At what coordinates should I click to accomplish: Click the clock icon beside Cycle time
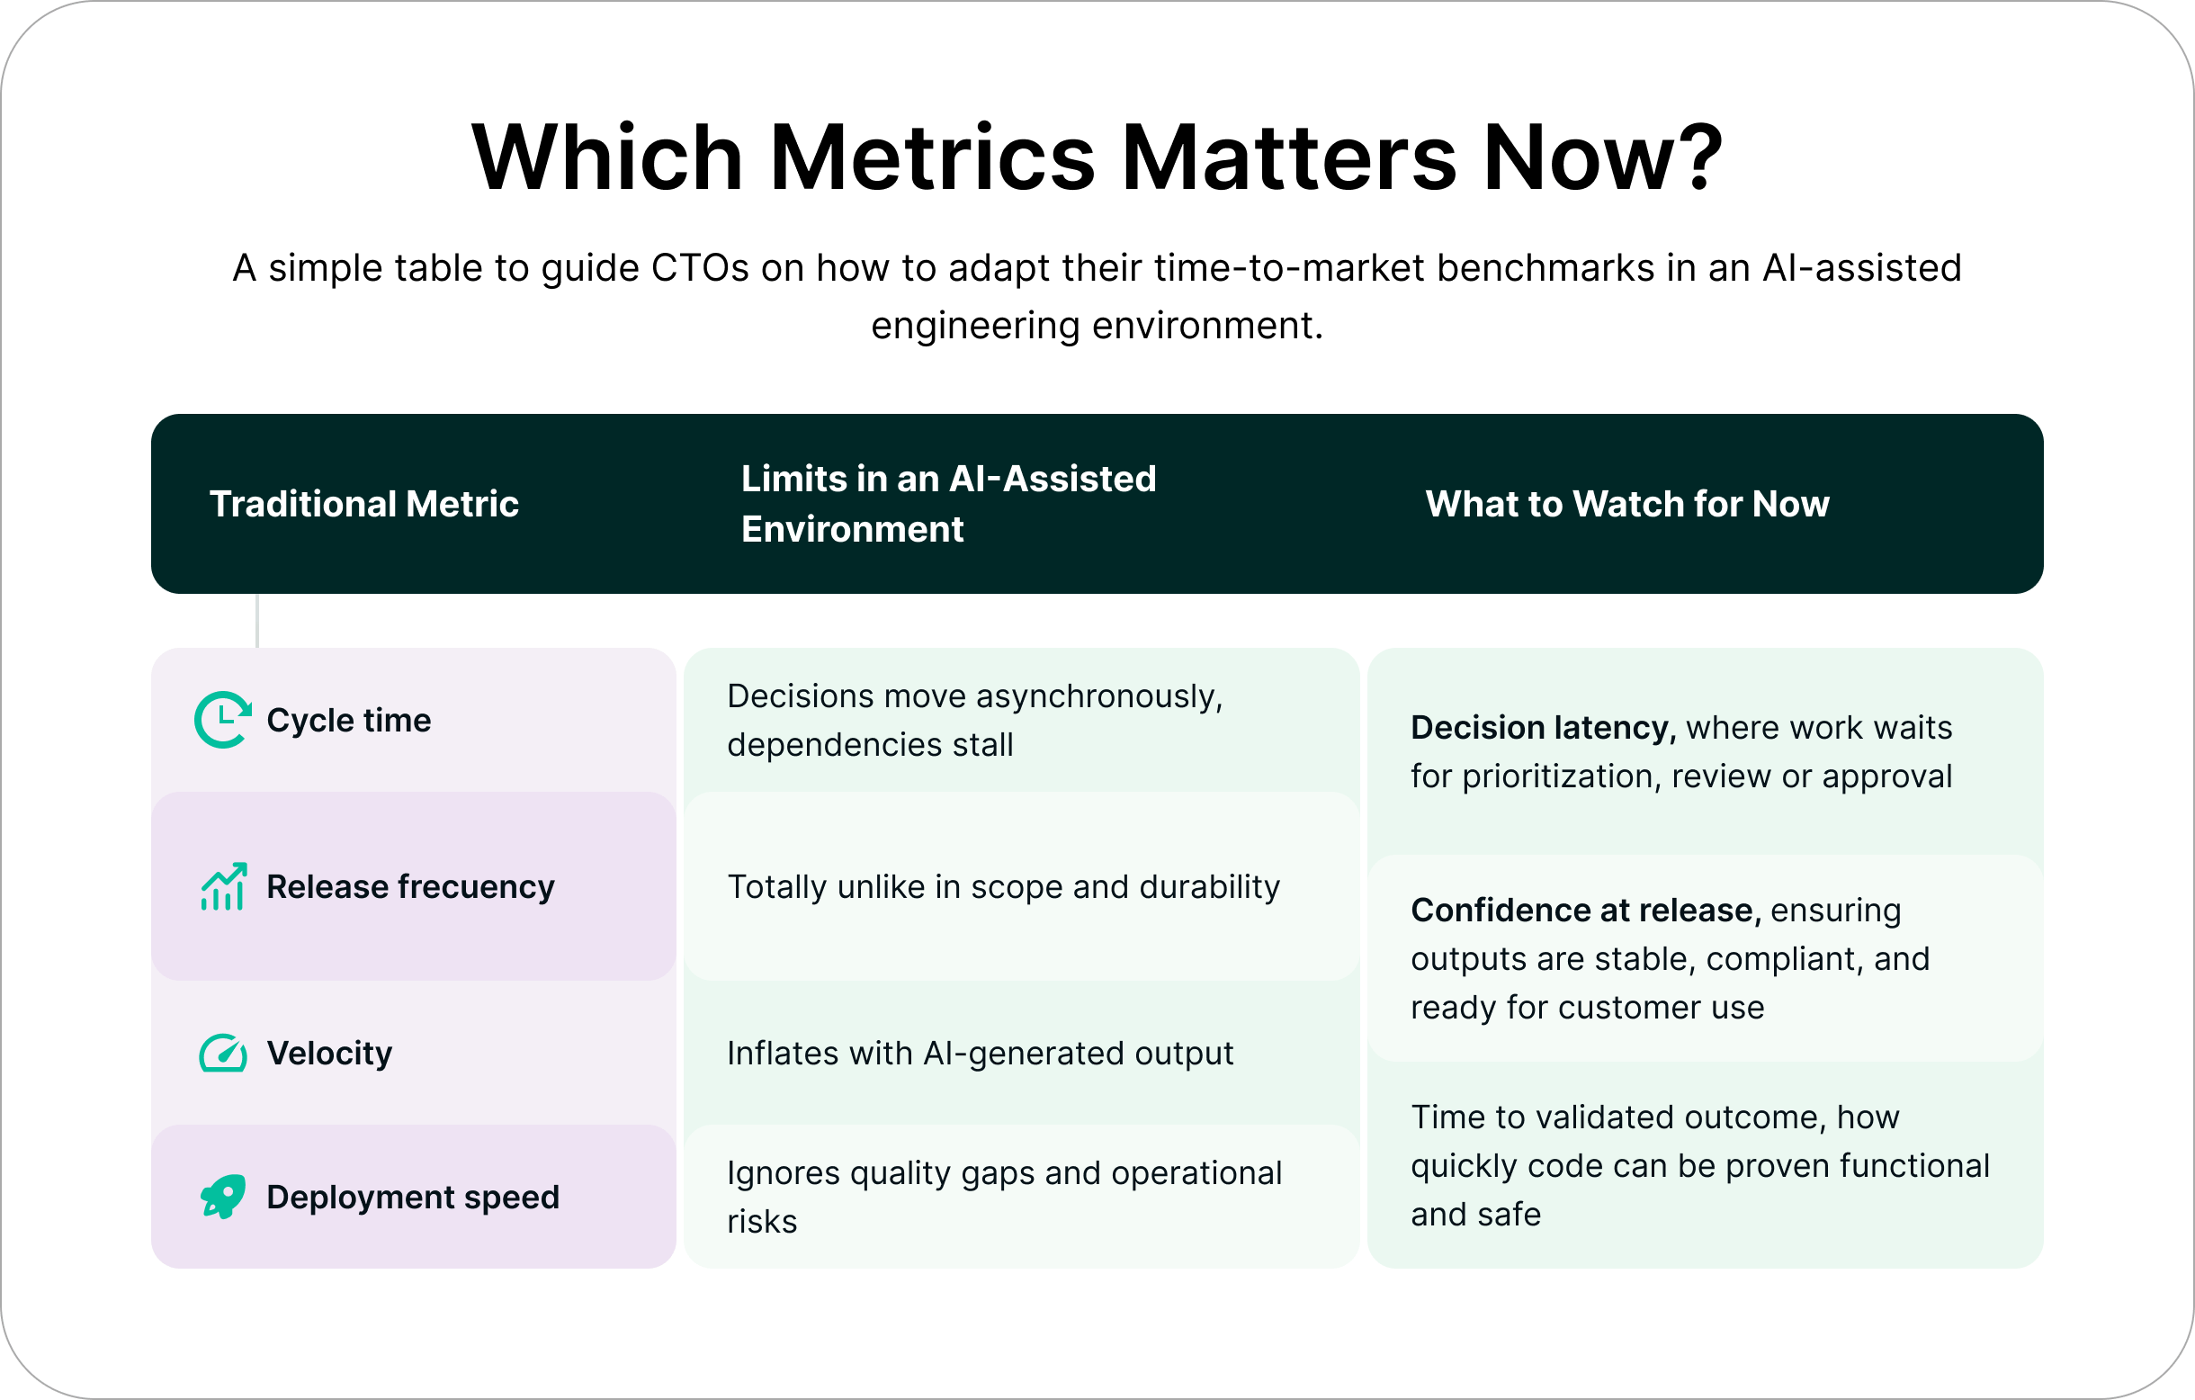pos(222,720)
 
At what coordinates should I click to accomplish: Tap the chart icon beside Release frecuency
pos(223,887)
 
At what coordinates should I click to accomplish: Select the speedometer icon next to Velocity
pos(223,1053)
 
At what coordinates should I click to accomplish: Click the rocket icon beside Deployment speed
pos(223,1197)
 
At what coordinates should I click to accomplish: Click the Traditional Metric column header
pos(363,504)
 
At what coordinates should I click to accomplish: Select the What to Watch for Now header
pos(1627,504)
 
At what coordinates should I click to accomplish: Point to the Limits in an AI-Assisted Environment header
pos(948,504)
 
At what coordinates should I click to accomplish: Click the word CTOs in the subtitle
pos(699,268)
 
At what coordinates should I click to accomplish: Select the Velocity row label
pos(329,1054)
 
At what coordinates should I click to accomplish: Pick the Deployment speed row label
pos(412,1198)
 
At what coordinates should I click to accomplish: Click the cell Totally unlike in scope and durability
pos(1003,887)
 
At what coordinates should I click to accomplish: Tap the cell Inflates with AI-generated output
pos(980,1054)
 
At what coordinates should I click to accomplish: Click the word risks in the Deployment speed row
pos(762,1221)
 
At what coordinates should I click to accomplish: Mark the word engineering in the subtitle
pos(974,326)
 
